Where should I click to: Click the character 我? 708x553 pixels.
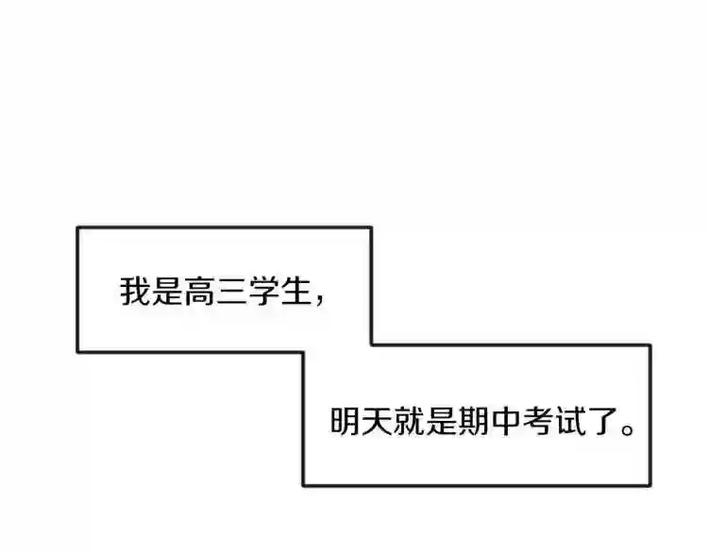click(135, 292)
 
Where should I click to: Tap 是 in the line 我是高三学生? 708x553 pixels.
click(167, 292)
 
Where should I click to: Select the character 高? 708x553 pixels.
click(199, 292)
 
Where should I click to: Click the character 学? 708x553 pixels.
click(263, 292)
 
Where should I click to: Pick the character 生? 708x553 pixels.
click(295, 292)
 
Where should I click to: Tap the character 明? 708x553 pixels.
click(346, 421)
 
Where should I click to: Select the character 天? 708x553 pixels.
click(378, 421)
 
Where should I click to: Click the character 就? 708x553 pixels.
click(410, 421)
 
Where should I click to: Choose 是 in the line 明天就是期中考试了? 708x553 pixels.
click(442, 421)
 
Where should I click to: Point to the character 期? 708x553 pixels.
click(474, 421)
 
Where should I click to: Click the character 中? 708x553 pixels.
click(506, 421)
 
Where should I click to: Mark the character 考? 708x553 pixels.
click(538, 421)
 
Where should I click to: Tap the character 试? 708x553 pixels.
click(570, 421)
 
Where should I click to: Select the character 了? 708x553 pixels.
click(602, 421)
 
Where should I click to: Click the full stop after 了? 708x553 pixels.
click(628, 428)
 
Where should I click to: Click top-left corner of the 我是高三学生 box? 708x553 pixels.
click(77, 228)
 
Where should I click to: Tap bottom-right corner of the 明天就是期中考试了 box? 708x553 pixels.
click(650, 485)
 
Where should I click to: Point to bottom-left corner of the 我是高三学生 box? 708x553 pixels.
click(77, 352)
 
